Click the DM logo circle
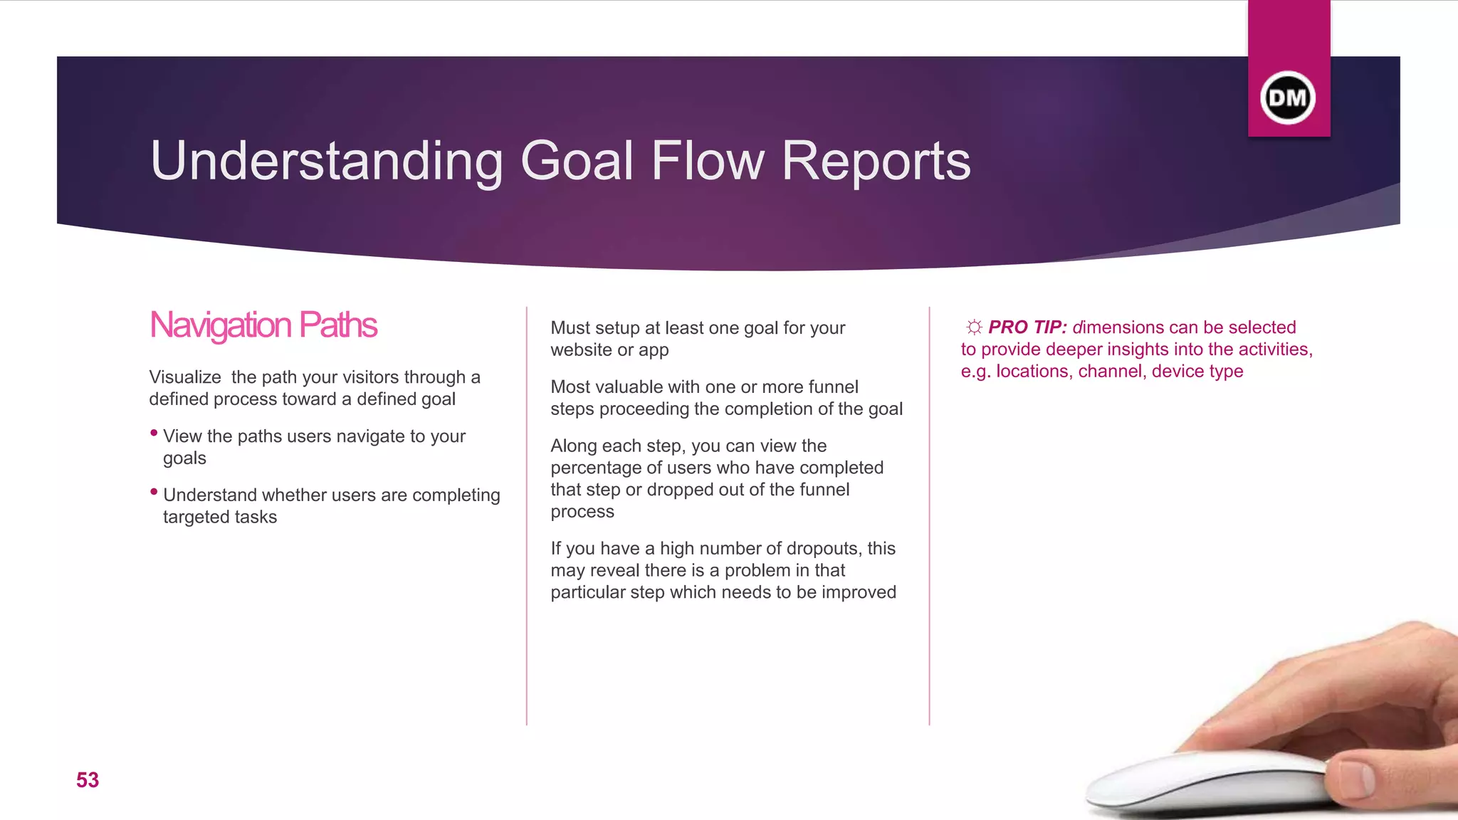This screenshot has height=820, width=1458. point(1288,98)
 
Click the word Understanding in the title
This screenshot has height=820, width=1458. point(327,161)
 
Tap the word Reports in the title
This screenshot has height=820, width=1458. point(876,161)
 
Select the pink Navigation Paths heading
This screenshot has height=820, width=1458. point(263,325)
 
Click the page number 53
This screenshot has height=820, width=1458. point(88,780)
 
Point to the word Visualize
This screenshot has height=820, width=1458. point(185,377)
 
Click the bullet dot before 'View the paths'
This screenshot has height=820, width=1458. point(154,433)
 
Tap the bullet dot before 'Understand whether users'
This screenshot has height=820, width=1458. point(154,492)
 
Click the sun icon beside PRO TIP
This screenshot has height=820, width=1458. point(974,327)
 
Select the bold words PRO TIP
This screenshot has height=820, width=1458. point(1027,327)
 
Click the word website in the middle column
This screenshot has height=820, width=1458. point(580,350)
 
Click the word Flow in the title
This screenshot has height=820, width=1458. point(708,161)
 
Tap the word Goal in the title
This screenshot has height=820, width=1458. point(577,161)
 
